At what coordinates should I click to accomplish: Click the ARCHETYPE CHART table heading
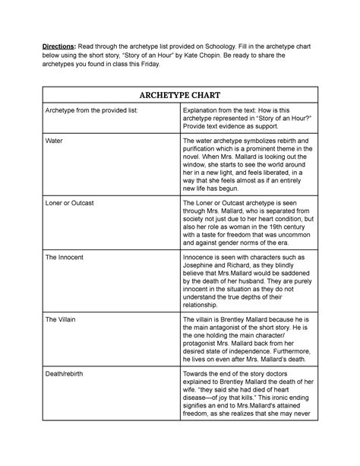tap(179, 96)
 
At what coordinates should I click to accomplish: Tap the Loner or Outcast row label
tap(71, 203)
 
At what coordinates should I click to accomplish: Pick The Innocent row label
tap(65, 259)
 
